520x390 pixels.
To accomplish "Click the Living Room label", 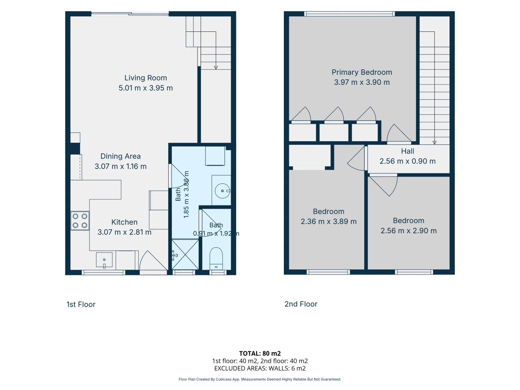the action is pos(146,78).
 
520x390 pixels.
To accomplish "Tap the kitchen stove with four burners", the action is pos(80,221).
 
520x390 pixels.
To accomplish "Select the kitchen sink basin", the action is pos(104,260).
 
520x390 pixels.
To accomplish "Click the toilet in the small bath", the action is pos(216,259).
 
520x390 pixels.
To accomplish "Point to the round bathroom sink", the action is pos(222,191).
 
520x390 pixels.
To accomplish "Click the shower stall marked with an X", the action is pos(185,254).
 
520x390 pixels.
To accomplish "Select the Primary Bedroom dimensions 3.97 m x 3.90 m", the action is pos(362,82).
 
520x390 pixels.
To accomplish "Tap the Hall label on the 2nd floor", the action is pos(407,151).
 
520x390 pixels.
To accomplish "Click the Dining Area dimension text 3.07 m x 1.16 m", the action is pos(121,166).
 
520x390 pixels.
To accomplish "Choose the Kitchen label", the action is pos(124,222).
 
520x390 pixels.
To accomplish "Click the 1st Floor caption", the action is pos(81,304).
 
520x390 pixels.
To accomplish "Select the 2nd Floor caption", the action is pos(301,304).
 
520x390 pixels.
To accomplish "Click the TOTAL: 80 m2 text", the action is pos(260,353).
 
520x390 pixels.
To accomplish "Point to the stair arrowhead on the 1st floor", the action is pos(216,68).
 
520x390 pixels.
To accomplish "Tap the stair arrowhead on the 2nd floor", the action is pos(434,143).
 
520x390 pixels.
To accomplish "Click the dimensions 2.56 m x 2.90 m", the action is pos(408,231).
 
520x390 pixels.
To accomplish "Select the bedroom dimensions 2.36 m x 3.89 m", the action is pos(329,221).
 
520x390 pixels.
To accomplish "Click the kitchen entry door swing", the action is pos(153,260).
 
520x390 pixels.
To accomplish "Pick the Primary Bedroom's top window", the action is pos(350,14).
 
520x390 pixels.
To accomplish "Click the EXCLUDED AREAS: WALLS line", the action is pos(260,368).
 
